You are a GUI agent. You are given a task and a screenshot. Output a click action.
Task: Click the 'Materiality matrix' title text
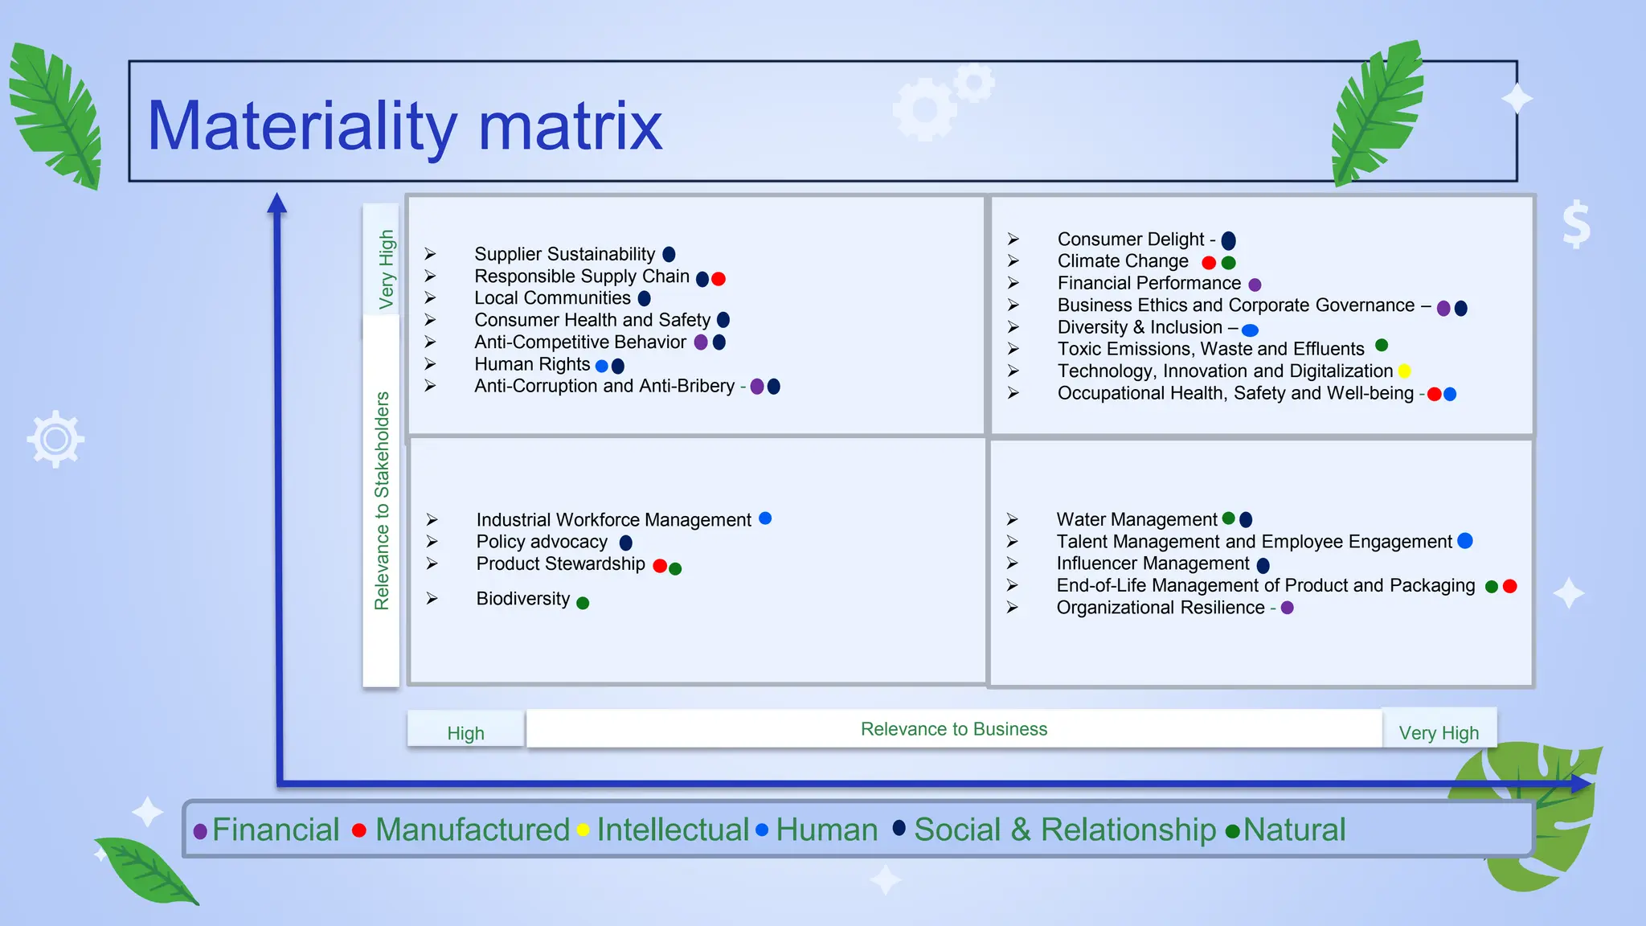click(404, 126)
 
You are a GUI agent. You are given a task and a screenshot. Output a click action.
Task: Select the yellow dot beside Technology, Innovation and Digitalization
click(1404, 371)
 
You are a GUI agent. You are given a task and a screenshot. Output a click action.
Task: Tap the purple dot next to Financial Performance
click(1255, 285)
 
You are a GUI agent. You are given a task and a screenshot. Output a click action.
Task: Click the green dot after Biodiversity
click(583, 603)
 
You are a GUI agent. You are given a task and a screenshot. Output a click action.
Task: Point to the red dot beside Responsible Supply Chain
click(719, 279)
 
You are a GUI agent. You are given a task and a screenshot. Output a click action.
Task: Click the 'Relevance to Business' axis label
click(953, 729)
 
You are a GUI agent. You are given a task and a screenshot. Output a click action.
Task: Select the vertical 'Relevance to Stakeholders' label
click(382, 500)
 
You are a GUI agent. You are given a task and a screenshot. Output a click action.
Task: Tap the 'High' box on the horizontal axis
click(465, 733)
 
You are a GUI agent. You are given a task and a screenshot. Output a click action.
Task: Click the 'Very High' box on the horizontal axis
click(1438, 733)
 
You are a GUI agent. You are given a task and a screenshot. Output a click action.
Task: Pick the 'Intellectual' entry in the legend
click(672, 830)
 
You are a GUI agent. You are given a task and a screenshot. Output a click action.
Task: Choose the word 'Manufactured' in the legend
click(472, 830)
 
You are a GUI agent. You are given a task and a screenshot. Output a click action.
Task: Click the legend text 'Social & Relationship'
click(1064, 830)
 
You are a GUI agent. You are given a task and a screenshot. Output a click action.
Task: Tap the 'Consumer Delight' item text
click(1130, 240)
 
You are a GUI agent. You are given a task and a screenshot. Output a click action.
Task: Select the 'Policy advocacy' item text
click(542, 542)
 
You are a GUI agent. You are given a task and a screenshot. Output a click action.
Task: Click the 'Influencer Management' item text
click(1153, 563)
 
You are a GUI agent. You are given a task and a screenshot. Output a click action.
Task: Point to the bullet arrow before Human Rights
click(431, 364)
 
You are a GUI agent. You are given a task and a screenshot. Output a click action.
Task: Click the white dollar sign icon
click(1576, 224)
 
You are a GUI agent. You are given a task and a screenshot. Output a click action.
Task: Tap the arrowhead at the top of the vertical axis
click(277, 203)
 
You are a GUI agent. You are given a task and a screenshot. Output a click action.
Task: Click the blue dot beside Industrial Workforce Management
click(765, 518)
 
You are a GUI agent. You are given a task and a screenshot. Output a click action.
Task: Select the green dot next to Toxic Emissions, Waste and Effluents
click(1382, 346)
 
